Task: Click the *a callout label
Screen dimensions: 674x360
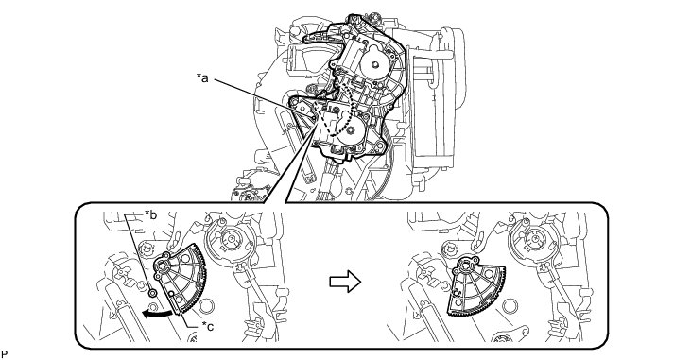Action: pos(202,77)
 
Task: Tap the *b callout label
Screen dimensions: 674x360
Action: pos(149,214)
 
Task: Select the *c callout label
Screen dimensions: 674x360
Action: pos(208,327)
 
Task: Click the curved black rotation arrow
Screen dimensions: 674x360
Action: pos(159,313)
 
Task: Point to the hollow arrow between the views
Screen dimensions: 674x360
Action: pos(345,282)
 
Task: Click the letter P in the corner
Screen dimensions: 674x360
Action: pos(5,354)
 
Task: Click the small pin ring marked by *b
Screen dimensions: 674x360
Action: pos(152,293)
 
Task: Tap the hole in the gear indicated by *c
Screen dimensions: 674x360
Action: pos(171,294)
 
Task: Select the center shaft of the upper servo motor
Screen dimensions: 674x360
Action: pos(375,65)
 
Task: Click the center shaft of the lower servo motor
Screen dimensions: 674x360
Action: pos(351,129)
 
